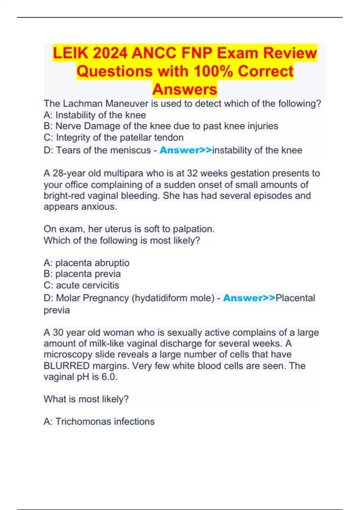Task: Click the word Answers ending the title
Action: tap(184, 89)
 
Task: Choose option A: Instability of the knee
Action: tap(95, 115)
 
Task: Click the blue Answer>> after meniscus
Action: tap(186, 150)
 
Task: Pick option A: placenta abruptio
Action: tap(86, 263)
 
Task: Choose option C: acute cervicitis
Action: tap(81, 285)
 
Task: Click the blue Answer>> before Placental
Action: tap(249, 298)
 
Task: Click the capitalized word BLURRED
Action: tap(67, 366)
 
